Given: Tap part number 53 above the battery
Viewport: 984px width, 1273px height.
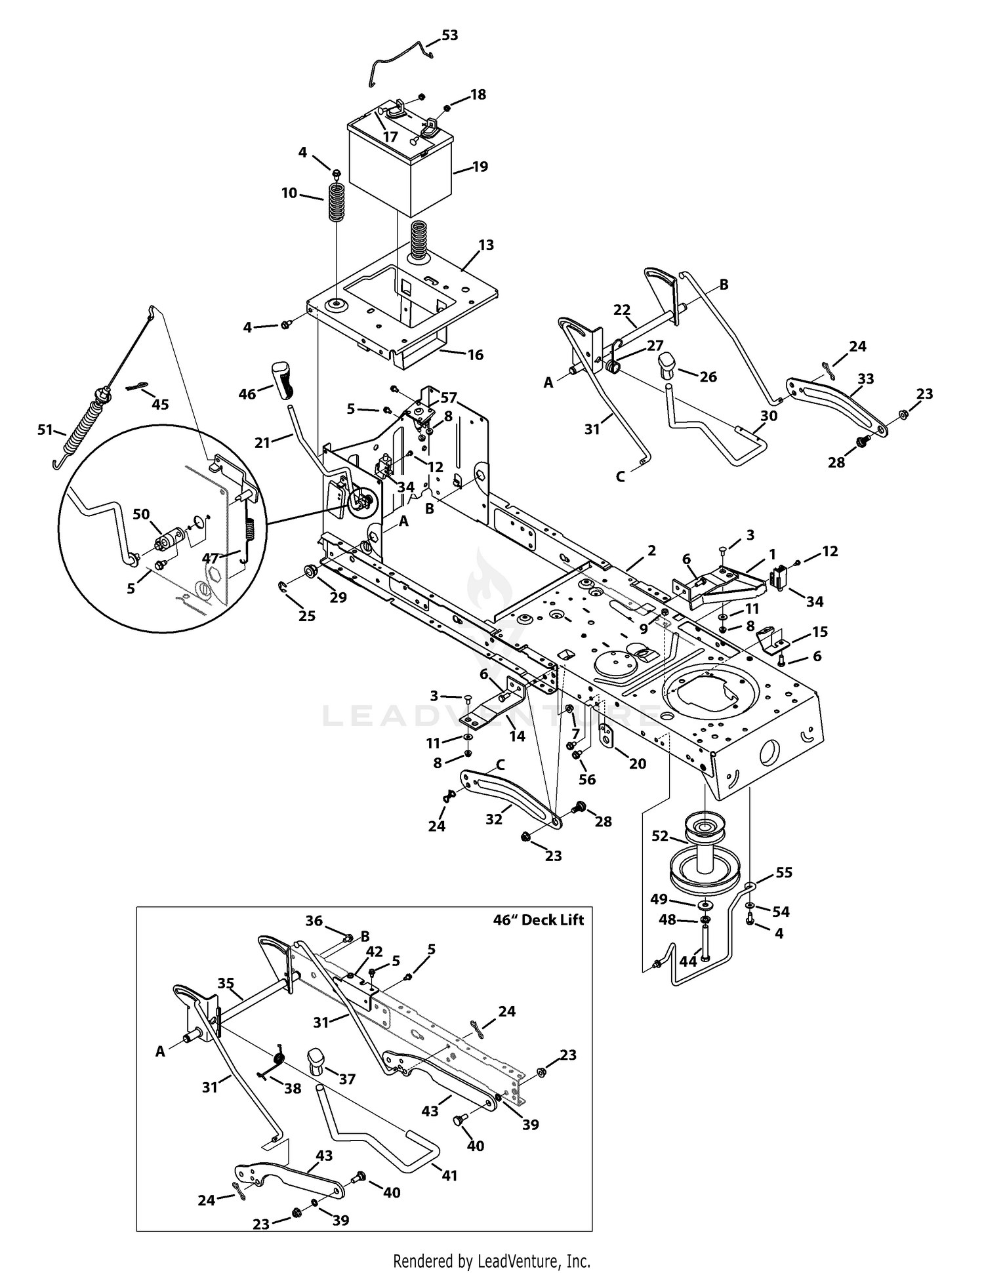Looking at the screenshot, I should pos(449,35).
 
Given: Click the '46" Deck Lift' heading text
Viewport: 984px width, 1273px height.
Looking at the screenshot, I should pos(538,919).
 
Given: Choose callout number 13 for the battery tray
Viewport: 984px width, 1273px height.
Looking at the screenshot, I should pos(486,245).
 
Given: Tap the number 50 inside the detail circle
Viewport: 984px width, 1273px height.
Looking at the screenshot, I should pos(141,514).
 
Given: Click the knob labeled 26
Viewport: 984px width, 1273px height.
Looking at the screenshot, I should pos(666,365).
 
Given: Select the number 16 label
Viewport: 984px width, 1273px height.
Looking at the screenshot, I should pos(476,355).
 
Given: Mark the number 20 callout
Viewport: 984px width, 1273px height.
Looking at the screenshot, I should pos(637,763).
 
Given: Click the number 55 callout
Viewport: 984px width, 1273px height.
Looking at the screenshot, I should pos(784,872).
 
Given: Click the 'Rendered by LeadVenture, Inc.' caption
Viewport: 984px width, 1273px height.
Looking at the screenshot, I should pos(491,1261).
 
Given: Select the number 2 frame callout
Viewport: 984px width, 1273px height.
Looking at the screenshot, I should pos(651,550).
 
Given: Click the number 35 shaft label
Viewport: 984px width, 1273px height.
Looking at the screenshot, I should pos(226,983).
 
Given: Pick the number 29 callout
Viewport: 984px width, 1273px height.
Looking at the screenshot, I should pos(338,597).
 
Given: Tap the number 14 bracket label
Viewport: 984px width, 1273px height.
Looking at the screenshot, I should pos(518,736).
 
